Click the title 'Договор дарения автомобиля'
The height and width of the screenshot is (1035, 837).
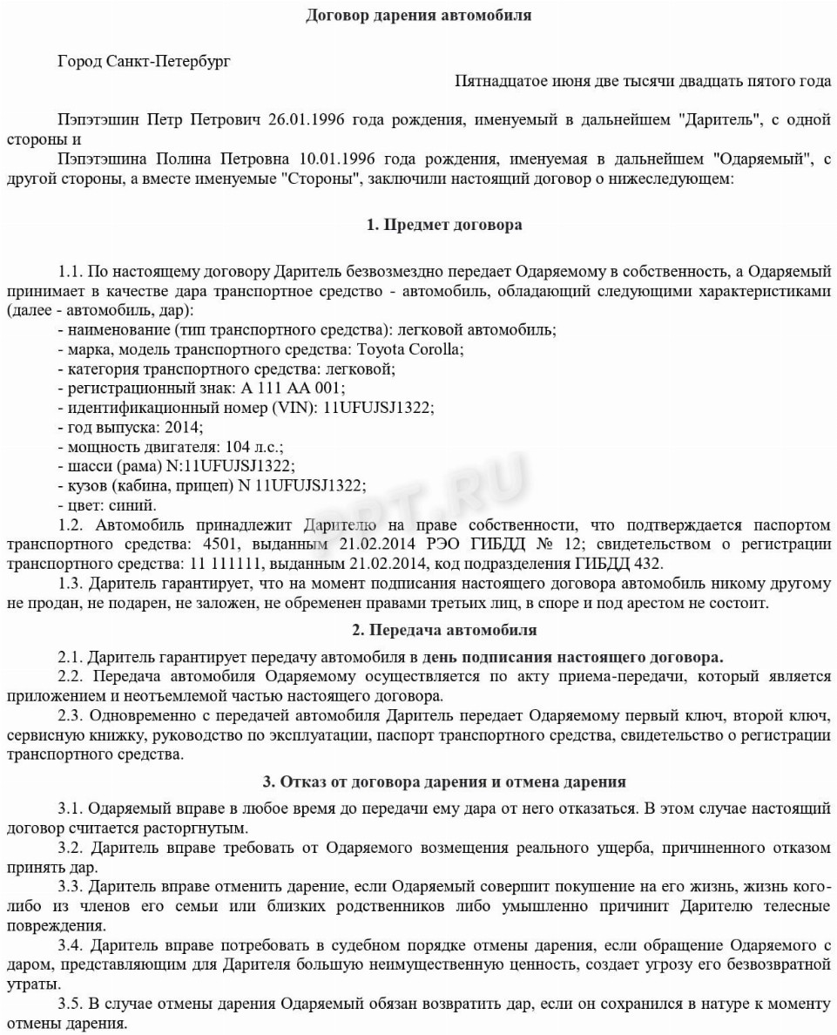coord(418,16)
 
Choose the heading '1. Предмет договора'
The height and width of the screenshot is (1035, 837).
coord(444,225)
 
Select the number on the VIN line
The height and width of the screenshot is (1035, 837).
coord(379,407)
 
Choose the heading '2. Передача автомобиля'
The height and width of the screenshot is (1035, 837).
coord(444,629)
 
